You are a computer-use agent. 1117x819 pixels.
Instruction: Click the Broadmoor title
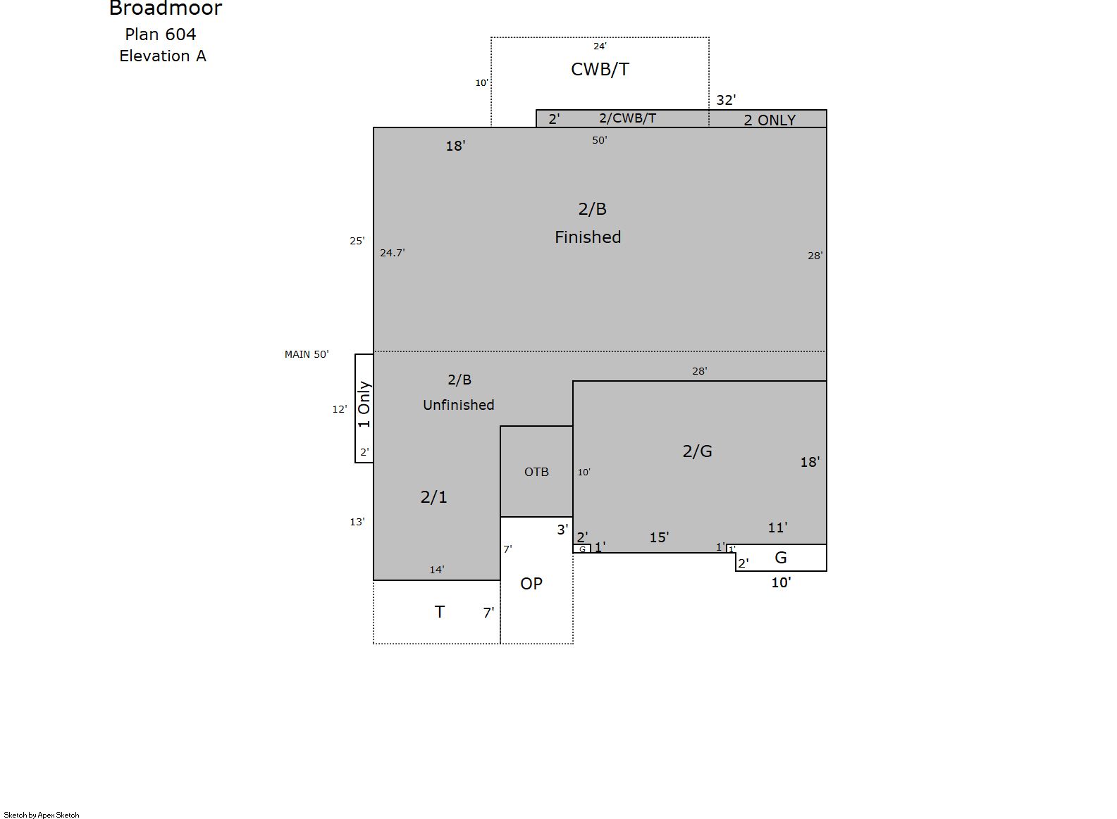click(x=166, y=8)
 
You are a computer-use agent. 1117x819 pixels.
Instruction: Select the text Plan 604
click(x=161, y=35)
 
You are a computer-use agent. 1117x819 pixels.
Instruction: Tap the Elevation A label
click(x=163, y=56)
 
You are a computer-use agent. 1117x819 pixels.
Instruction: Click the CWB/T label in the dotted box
click(x=600, y=69)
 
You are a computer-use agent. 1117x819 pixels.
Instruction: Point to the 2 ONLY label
click(x=770, y=120)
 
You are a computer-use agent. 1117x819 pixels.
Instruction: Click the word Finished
click(x=588, y=237)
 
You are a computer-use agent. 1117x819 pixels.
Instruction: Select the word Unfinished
click(x=459, y=405)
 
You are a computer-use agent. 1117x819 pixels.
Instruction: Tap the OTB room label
click(x=536, y=472)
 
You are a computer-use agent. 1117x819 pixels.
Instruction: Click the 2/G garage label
click(x=697, y=451)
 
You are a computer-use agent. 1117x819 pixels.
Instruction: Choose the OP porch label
click(x=531, y=583)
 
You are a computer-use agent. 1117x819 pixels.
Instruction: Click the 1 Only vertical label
click(x=364, y=404)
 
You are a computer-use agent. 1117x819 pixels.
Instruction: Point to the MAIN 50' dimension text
click(x=307, y=354)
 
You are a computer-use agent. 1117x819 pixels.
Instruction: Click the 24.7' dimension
click(x=393, y=253)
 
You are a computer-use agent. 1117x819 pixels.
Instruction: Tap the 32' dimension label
click(x=726, y=100)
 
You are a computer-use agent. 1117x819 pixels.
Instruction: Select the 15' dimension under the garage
click(x=659, y=537)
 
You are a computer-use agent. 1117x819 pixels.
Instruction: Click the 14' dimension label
click(x=437, y=570)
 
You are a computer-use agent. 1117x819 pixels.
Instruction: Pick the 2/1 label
click(x=434, y=497)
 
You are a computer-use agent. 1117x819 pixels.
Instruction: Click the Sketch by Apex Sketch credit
click(x=42, y=815)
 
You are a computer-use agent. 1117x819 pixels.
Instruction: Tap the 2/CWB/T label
click(x=627, y=118)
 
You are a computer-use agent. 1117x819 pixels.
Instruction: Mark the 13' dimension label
click(x=357, y=522)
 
